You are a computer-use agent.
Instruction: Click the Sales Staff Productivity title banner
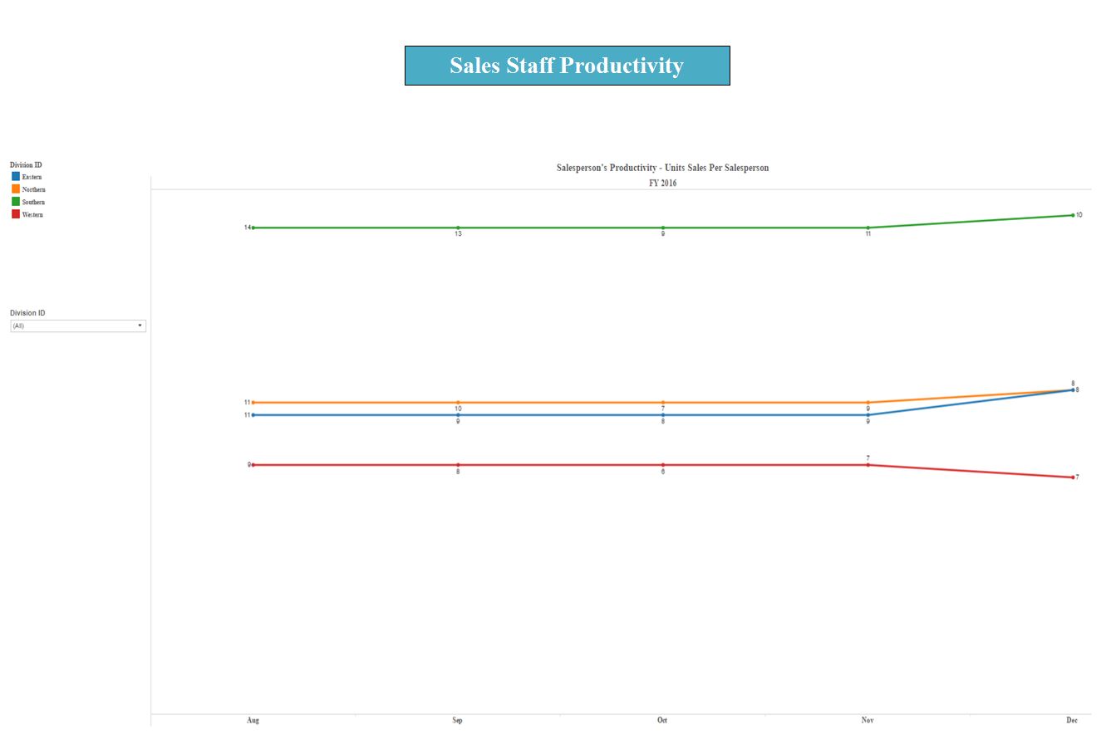(567, 66)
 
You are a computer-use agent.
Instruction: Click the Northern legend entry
(32, 189)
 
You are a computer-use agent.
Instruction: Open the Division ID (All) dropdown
(78, 326)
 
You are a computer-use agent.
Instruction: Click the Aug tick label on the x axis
(253, 720)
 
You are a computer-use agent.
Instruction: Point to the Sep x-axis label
(457, 720)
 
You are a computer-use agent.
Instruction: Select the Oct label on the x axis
(662, 720)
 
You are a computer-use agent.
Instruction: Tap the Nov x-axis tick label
(868, 720)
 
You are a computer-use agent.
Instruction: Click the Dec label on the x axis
(1072, 720)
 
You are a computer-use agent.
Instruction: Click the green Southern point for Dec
(1073, 215)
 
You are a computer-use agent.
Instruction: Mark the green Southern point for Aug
(253, 228)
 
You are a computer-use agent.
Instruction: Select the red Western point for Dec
(1073, 477)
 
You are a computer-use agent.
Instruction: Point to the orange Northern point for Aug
(253, 403)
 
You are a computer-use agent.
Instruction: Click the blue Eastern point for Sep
(458, 415)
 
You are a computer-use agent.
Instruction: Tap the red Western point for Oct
(663, 465)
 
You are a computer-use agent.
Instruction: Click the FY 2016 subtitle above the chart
(662, 183)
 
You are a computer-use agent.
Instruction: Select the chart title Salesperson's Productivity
(662, 168)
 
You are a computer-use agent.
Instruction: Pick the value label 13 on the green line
(458, 234)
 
